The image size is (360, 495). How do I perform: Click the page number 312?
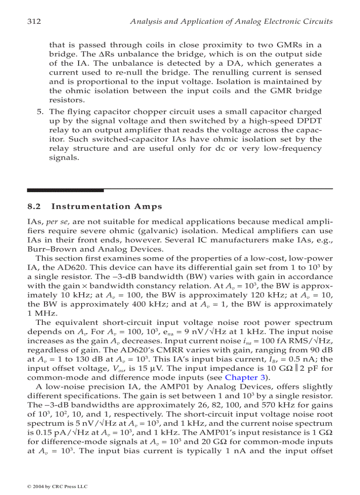34,21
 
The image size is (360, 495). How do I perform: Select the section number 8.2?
34,206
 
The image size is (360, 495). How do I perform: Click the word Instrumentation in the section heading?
85,206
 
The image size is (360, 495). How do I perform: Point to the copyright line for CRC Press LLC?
57,486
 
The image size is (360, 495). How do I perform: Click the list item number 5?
39,112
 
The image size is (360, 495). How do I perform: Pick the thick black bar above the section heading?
65,190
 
